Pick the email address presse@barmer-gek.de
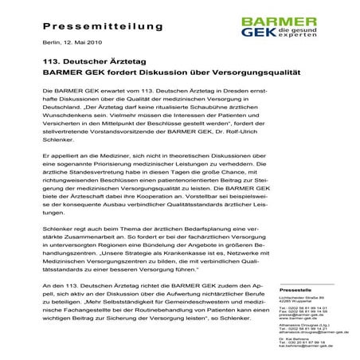pyautogui.click(x=298, y=314)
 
